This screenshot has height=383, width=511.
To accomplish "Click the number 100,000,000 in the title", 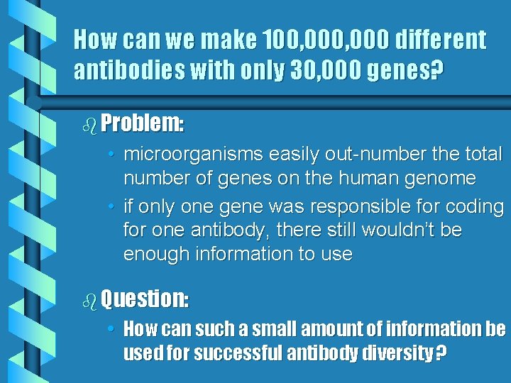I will pos(320,40).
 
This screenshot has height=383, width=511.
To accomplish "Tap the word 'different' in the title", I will pos(441,40).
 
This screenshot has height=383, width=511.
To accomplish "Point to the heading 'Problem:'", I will pos(143,124).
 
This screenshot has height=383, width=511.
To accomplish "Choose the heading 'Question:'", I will pos(145,299).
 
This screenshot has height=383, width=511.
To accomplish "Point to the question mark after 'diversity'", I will pos(440,353).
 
